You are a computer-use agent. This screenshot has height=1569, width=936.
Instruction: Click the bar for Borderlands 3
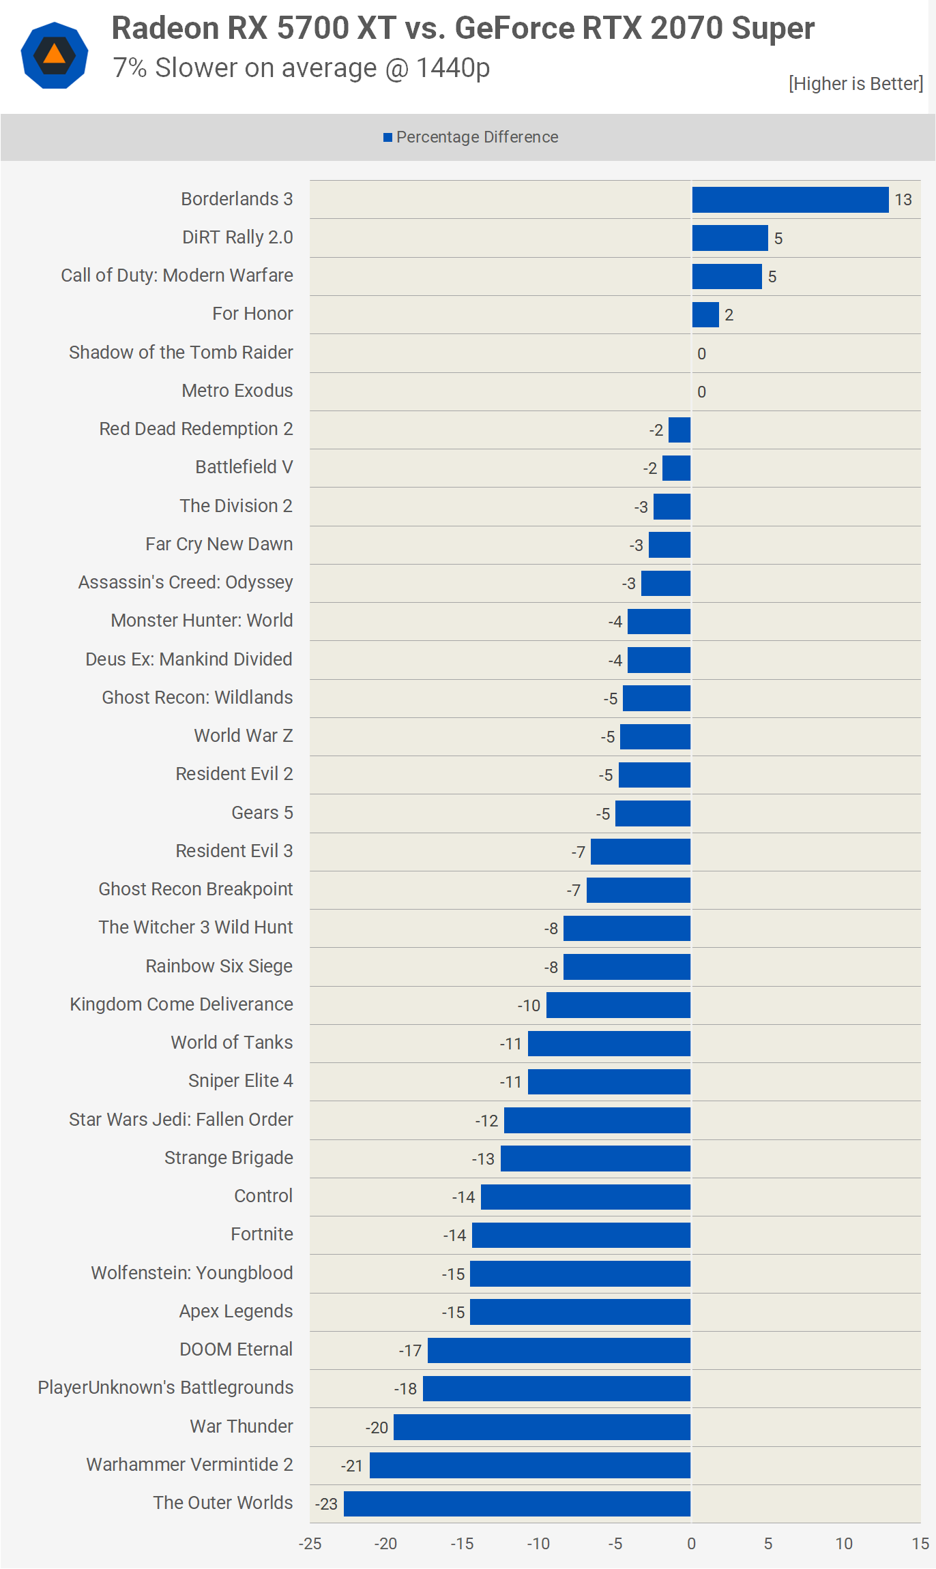(x=790, y=200)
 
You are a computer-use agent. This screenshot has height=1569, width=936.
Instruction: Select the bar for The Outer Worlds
(x=517, y=1504)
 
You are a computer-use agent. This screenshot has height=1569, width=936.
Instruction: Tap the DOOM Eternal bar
(x=559, y=1350)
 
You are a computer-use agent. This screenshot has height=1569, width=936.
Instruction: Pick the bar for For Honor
(x=705, y=315)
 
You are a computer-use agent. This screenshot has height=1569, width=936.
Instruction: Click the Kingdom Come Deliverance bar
(x=618, y=1005)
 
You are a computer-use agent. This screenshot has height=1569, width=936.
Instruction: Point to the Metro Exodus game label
(x=237, y=391)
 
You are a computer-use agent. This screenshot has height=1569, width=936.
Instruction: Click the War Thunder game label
(x=241, y=1426)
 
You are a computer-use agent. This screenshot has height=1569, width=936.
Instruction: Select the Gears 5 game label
(x=262, y=813)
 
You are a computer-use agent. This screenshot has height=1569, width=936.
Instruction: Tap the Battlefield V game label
(x=244, y=467)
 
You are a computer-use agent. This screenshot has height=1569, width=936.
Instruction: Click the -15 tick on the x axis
(x=462, y=1544)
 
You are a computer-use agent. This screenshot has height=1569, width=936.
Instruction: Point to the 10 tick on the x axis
(x=844, y=1544)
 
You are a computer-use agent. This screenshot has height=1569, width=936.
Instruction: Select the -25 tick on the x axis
(x=310, y=1544)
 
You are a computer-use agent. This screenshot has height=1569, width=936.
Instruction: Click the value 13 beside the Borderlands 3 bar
(x=903, y=200)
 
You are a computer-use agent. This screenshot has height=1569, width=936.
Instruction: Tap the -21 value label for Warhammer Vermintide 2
(x=352, y=1466)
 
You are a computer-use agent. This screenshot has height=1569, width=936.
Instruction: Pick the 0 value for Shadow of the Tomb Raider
(x=701, y=354)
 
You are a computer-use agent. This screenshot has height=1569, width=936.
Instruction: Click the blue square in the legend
(x=387, y=138)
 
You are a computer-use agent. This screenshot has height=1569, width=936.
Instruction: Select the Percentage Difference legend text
(x=477, y=138)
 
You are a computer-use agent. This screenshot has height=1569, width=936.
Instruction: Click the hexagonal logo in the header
(x=55, y=55)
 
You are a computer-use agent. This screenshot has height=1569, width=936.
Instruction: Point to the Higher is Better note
(x=855, y=84)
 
